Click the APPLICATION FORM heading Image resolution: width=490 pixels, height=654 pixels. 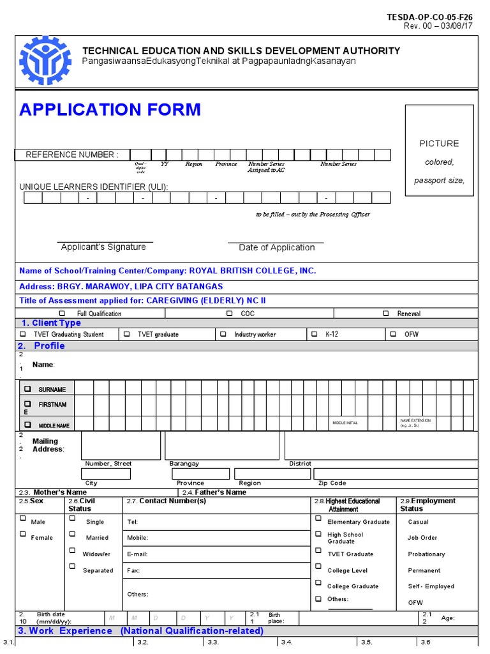(x=110, y=110)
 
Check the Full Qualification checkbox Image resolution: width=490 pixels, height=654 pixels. (x=62, y=314)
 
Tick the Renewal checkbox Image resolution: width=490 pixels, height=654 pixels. (x=386, y=314)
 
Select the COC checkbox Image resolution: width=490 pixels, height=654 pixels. (x=229, y=314)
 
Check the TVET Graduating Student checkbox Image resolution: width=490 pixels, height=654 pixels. (x=23, y=334)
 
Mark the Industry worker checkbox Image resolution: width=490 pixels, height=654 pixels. (x=223, y=334)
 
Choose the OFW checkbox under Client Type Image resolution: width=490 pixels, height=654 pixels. (x=392, y=334)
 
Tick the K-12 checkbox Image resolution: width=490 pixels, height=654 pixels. (x=314, y=334)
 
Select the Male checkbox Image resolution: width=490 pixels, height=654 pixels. (x=23, y=519)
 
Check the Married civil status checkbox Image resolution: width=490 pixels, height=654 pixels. (x=72, y=534)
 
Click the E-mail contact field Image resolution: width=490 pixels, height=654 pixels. (x=217, y=554)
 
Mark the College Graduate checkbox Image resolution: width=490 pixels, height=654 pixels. (x=318, y=582)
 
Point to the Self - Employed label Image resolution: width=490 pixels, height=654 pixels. (x=431, y=586)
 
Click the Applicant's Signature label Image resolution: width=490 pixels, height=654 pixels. (x=103, y=247)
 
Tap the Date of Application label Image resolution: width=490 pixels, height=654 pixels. (x=276, y=248)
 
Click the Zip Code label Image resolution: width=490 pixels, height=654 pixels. (x=332, y=483)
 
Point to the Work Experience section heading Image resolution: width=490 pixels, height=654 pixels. (x=140, y=631)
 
